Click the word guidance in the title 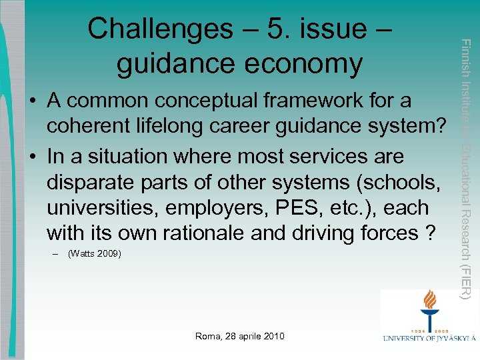tap(177, 64)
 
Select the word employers tap(216, 208)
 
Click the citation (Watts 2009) tap(94, 254)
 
